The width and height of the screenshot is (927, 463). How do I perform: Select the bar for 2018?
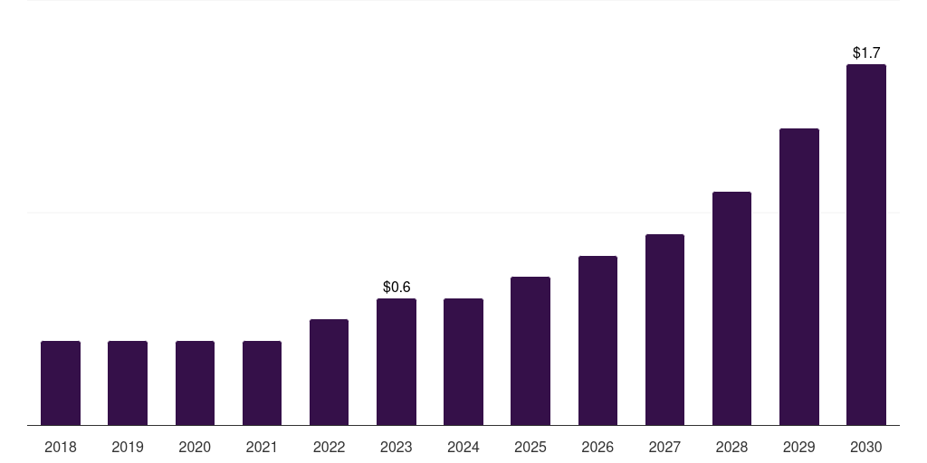pos(61,383)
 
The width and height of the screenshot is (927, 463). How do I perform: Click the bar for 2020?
pos(195,383)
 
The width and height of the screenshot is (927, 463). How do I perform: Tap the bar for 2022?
pos(329,372)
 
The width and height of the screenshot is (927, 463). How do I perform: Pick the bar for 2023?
pos(397,362)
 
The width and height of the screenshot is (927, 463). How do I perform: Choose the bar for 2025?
pos(530,351)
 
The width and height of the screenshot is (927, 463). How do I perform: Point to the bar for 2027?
pos(664,329)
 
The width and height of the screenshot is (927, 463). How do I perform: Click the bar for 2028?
pos(731,308)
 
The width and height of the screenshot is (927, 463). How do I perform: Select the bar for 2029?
pos(798,277)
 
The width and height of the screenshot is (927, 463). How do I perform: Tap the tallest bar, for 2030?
pos(866,244)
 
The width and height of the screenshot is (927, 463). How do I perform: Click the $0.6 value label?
pos(397,287)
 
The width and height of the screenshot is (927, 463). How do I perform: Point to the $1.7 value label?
pos(866,53)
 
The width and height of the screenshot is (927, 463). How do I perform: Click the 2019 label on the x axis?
pos(128,447)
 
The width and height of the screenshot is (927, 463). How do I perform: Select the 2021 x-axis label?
pos(262,447)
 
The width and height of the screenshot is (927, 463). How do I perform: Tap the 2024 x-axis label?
pos(463,447)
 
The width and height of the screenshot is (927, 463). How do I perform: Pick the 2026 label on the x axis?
pos(597,447)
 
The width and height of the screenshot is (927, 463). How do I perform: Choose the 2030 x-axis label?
pos(866,447)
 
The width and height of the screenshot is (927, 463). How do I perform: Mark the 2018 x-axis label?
pos(61,447)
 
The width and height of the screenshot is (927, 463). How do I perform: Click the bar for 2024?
pos(463,362)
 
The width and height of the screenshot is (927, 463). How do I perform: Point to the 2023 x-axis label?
pos(397,447)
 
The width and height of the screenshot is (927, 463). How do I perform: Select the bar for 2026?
pos(597,340)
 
